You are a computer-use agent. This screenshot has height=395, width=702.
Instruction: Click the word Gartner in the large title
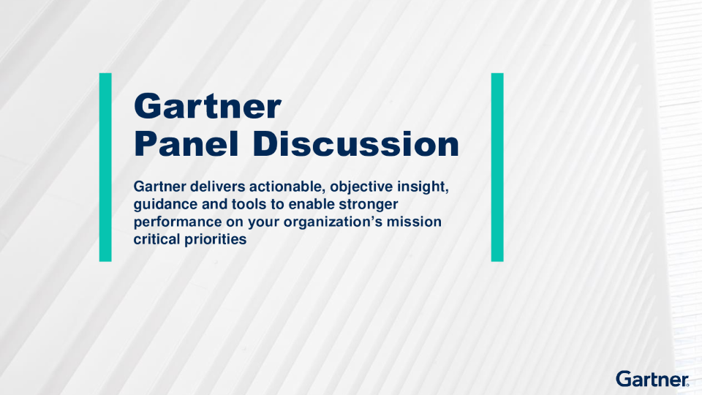pos(207,107)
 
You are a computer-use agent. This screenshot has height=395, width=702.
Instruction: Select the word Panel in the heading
pos(186,144)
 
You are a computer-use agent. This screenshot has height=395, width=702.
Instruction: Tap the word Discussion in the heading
pos(356,144)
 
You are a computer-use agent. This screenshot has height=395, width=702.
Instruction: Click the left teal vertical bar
pos(105,167)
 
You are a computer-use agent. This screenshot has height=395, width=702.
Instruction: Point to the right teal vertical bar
pos(497,167)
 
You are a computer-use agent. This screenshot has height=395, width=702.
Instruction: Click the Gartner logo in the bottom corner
pos(652,379)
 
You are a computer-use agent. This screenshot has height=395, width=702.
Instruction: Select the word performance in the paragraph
pos(178,222)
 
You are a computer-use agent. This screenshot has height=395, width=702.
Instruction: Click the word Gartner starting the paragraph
pos(160,187)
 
